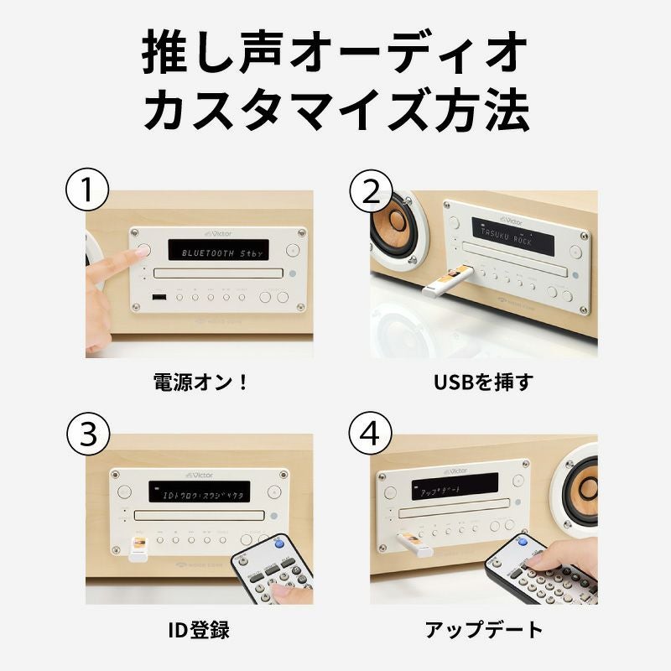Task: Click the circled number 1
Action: [87, 192]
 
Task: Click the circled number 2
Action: [369, 192]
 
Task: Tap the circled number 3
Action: [87, 434]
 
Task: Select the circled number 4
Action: [369, 434]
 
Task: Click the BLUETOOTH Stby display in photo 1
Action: [216, 250]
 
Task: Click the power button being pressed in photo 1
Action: [140, 250]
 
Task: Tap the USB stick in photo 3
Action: [137, 549]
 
